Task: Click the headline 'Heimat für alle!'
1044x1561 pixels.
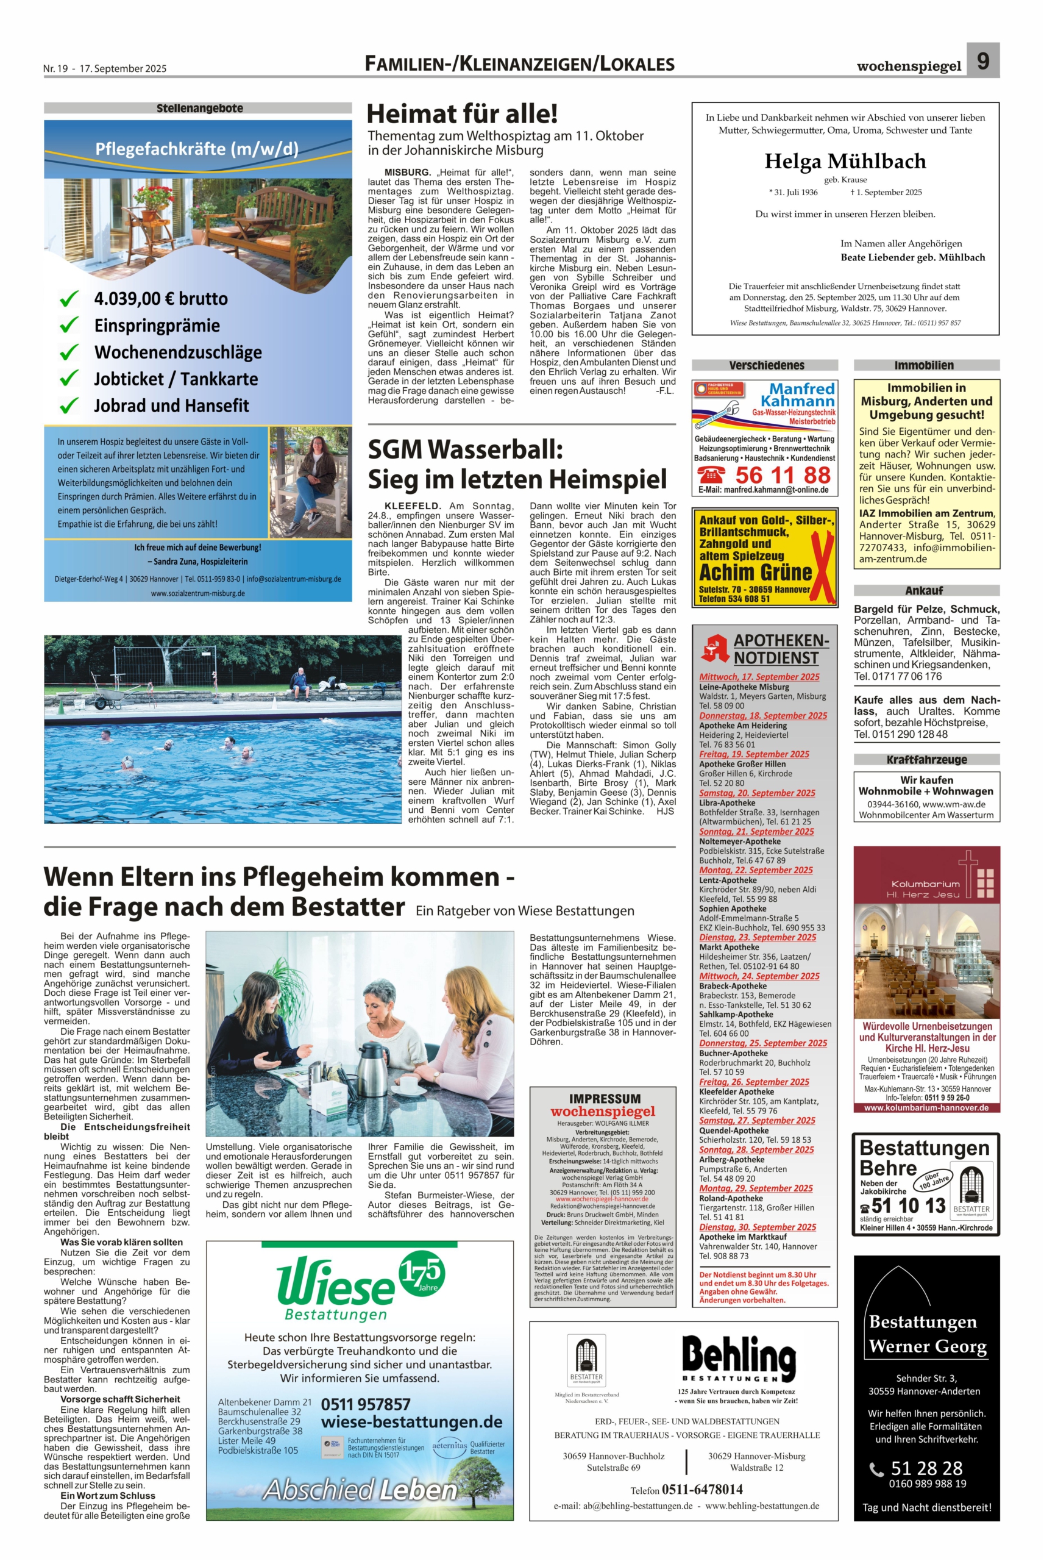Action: click(462, 114)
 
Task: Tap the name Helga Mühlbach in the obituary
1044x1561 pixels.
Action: click(845, 161)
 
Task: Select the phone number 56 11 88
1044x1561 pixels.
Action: click(783, 475)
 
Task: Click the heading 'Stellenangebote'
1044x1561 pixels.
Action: click(199, 108)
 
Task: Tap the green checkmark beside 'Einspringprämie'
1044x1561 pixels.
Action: click(69, 326)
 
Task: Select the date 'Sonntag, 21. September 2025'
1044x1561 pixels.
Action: click(756, 831)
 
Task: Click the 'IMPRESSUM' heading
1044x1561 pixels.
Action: click(605, 1099)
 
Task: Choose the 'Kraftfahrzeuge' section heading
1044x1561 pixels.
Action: click(926, 759)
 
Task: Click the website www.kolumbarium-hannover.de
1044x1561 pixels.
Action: click(926, 1107)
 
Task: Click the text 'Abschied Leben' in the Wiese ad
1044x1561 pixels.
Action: click(360, 1490)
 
